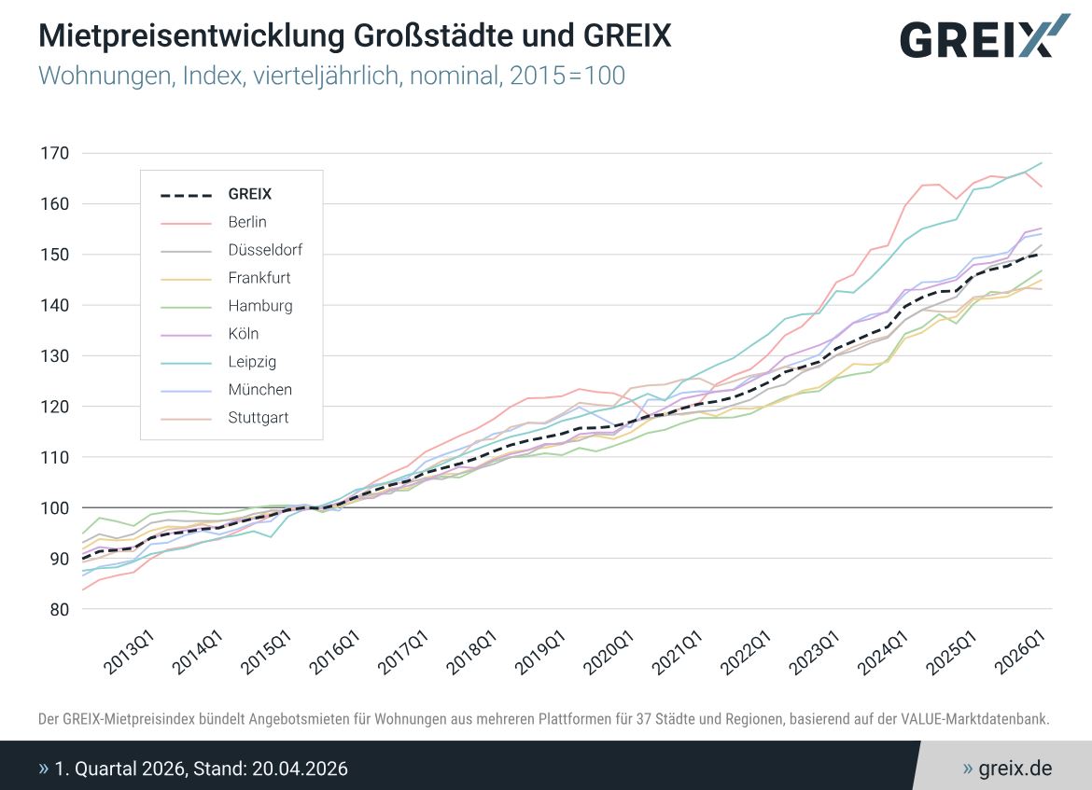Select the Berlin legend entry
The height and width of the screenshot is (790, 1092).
246,222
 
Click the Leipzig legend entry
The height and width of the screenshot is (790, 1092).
251,362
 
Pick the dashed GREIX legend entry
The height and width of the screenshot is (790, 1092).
249,195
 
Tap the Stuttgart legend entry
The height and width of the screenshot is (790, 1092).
258,418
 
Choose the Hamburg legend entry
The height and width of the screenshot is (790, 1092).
259,306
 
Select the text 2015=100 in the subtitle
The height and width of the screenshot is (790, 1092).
567,76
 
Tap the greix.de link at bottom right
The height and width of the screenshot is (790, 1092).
1015,769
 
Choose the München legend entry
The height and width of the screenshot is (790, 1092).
259,390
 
